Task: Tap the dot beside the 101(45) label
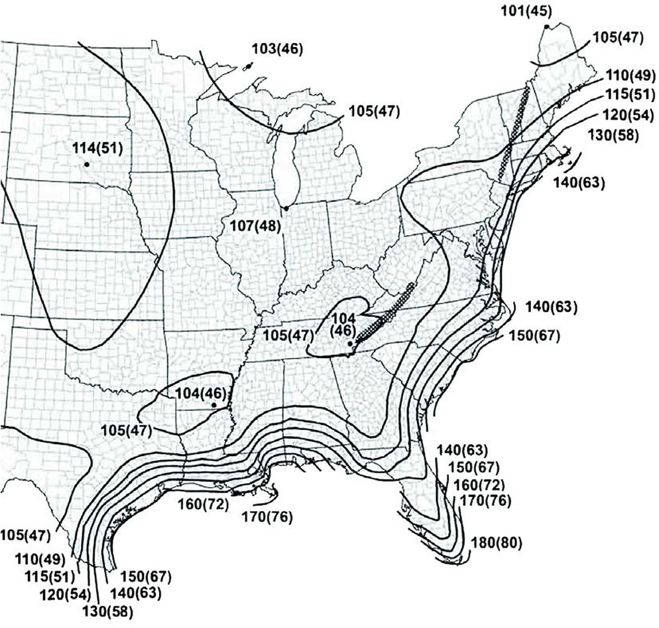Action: click(546, 26)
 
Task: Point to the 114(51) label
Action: click(97, 147)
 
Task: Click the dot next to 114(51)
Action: click(86, 163)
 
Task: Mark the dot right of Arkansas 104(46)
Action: click(213, 404)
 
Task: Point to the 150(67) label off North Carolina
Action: click(535, 335)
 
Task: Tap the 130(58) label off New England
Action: click(613, 133)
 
